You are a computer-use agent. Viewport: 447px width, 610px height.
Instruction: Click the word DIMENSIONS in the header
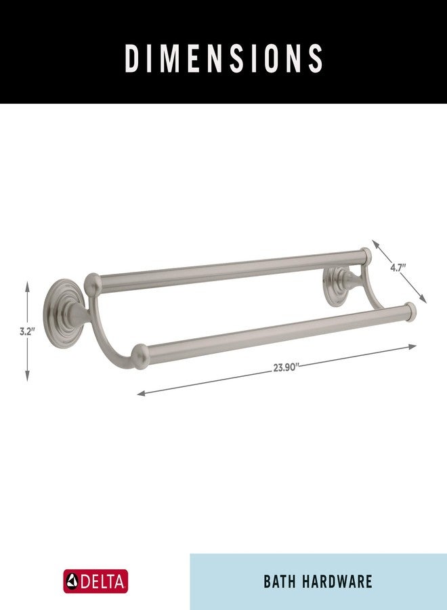pyautogui.click(x=224, y=58)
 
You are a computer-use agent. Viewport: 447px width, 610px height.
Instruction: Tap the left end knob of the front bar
pyautogui.click(x=140, y=356)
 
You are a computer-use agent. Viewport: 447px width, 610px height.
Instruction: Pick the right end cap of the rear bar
pyautogui.click(x=366, y=256)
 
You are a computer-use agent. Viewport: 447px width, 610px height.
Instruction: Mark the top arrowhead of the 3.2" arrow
pyautogui.click(x=27, y=285)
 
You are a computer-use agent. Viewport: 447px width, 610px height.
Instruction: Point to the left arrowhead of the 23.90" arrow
pyautogui.click(x=141, y=394)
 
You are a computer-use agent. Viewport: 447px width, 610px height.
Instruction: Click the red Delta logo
pyautogui.click(x=95, y=582)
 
